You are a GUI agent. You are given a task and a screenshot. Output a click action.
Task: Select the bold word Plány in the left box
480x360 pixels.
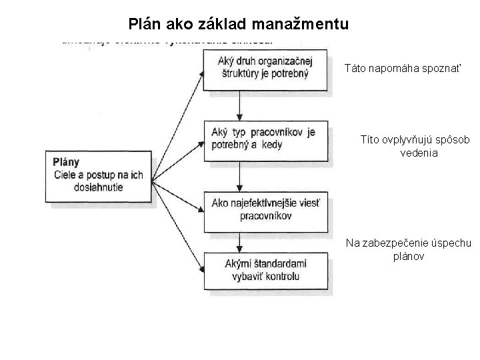66,162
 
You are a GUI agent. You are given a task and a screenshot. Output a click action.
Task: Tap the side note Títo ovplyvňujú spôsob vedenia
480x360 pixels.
415,145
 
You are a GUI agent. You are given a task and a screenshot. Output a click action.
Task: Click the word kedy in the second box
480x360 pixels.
271,145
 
